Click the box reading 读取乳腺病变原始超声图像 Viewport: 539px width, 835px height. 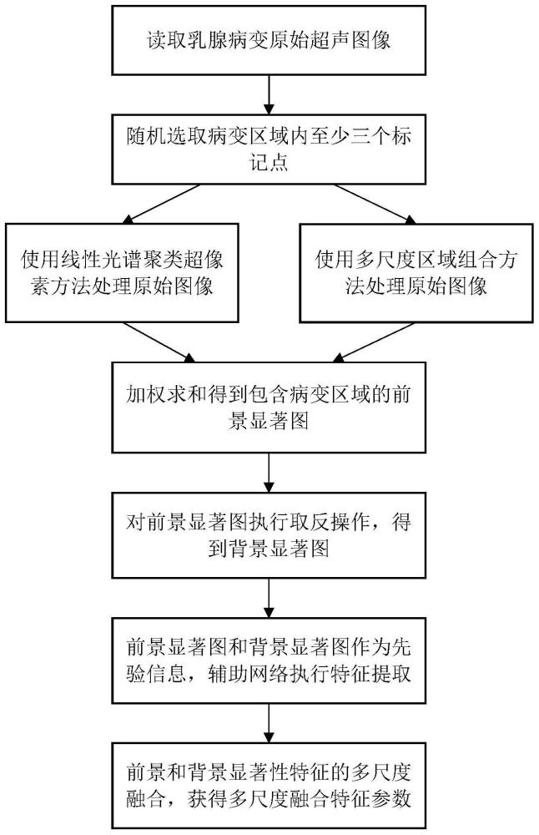[269, 40]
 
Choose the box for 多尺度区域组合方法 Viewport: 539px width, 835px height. [414, 273]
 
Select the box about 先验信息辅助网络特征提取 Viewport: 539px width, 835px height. [269, 660]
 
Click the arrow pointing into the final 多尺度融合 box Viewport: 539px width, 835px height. [269, 721]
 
